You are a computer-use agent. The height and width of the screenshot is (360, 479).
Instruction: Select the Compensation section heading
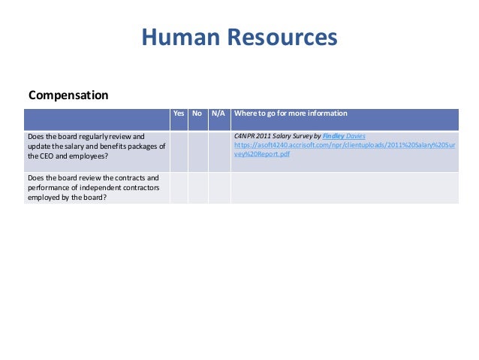[68, 95]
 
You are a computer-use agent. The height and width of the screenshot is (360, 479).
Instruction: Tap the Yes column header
[179, 113]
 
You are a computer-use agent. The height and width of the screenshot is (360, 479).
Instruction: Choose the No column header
[197, 113]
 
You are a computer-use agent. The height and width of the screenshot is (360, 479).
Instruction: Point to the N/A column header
[218, 113]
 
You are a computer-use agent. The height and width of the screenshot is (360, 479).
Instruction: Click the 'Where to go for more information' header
[291, 113]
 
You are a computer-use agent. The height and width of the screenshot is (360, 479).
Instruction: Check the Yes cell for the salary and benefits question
[179, 151]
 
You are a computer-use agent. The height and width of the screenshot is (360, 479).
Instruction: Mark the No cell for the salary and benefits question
[197, 151]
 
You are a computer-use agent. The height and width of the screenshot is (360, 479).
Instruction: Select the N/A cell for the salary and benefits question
[218, 151]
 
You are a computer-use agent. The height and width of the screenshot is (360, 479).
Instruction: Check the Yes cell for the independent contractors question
[179, 187]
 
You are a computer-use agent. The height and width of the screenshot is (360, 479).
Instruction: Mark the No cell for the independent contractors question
[197, 187]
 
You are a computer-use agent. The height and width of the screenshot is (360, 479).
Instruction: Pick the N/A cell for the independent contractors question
[218, 187]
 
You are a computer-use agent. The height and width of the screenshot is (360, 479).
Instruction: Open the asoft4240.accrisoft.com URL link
[343, 146]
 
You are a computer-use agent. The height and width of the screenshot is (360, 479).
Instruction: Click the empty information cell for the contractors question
[344, 187]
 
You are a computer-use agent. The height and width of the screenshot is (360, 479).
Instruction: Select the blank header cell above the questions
[96, 118]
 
